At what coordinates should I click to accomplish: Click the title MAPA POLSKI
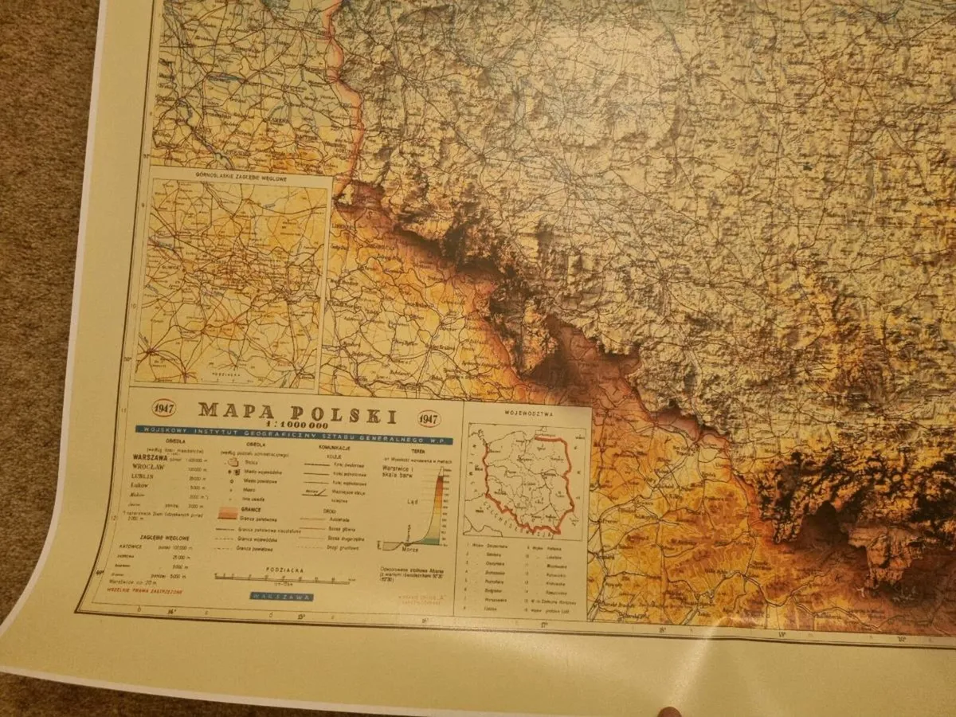pos(297,412)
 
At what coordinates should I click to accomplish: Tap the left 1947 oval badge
pos(163,408)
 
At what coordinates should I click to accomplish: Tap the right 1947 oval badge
pos(429,418)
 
